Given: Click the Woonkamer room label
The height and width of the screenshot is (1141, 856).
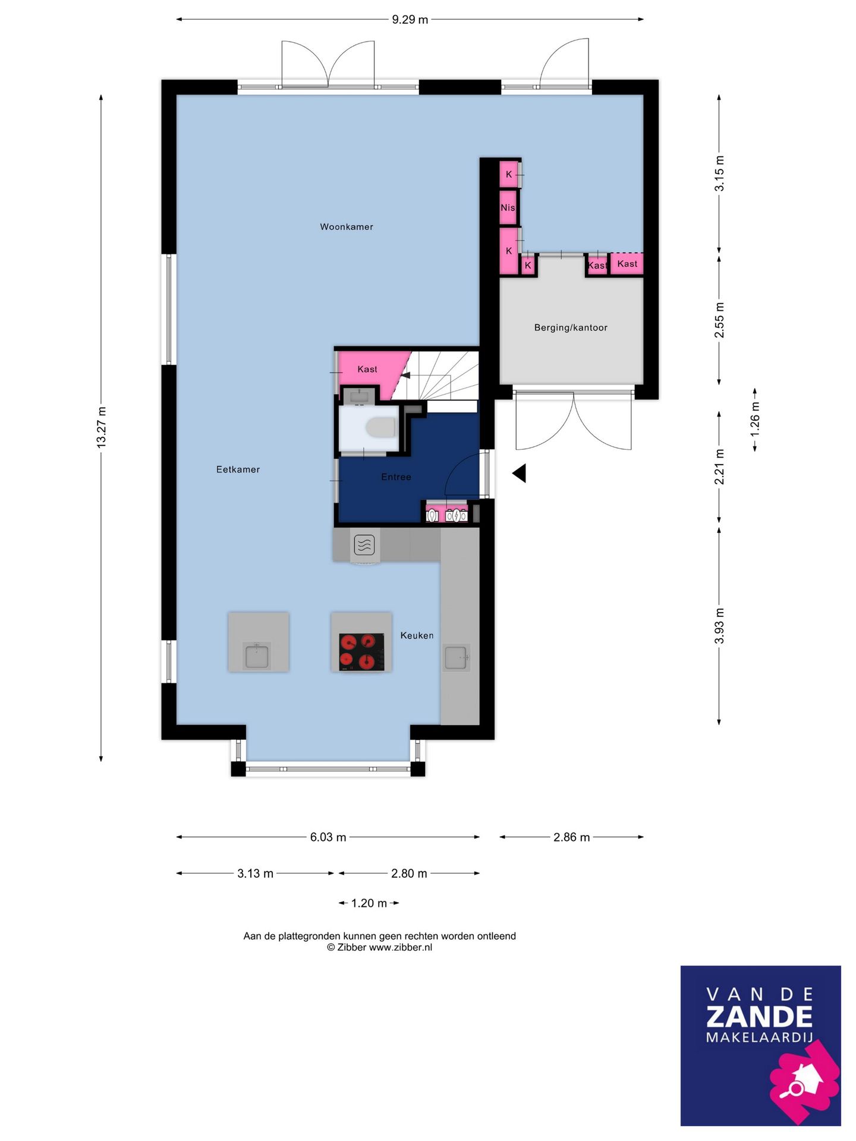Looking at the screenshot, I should click(x=346, y=226).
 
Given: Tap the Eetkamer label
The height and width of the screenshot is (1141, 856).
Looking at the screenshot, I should click(x=238, y=469).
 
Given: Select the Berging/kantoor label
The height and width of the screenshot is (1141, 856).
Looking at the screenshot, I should click(x=571, y=327).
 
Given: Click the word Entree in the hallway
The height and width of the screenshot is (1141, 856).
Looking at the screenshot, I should click(x=396, y=477).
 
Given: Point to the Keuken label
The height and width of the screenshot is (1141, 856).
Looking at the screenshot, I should click(x=417, y=635).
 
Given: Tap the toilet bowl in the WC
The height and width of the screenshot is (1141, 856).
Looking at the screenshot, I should click(x=380, y=427).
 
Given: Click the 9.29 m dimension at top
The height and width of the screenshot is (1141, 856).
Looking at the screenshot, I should click(x=410, y=20).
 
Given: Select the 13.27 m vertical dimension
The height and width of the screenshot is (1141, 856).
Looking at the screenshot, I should click(x=102, y=427).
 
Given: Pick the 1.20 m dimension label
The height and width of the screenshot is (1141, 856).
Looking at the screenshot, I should click(x=369, y=903).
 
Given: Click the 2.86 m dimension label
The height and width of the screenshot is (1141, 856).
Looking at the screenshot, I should click(x=571, y=837).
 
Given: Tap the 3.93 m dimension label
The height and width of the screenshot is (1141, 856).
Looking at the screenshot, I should click(x=719, y=625).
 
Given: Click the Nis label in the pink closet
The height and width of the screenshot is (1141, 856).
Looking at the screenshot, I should click(x=508, y=207).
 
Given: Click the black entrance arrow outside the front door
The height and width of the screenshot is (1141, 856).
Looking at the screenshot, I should click(x=520, y=473).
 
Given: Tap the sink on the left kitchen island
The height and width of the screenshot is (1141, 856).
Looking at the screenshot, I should click(x=257, y=655).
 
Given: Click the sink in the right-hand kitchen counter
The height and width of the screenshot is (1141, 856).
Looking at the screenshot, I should click(x=456, y=657).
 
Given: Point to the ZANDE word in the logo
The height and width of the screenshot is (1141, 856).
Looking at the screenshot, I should click(x=759, y=1017).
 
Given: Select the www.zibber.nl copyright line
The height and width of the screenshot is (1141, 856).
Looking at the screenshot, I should click(x=379, y=947).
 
